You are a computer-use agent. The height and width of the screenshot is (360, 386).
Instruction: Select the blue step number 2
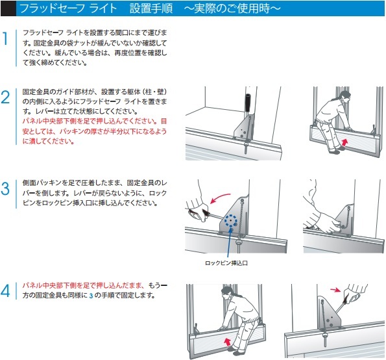click(6, 98)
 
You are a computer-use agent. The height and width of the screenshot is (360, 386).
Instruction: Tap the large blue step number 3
click(6, 189)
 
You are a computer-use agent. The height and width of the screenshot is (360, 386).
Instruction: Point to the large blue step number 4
click(6, 290)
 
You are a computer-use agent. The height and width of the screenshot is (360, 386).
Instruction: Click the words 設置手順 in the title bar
click(149, 8)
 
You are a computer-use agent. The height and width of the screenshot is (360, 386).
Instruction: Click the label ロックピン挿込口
click(226, 263)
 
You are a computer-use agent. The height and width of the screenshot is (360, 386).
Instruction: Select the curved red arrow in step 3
click(222, 194)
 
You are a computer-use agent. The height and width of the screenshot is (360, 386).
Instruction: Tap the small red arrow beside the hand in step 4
click(335, 288)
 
